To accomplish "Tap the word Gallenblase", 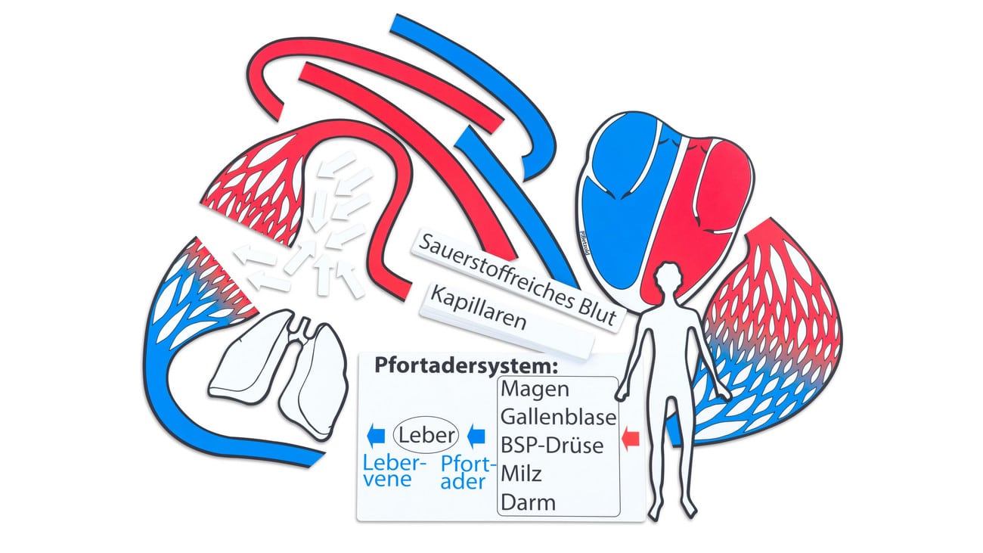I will pyautogui.click(x=558, y=417).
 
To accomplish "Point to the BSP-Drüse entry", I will pyautogui.click(x=552, y=445).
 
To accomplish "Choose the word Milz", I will pyautogui.click(x=522, y=474).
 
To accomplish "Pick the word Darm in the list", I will pyautogui.click(x=528, y=502).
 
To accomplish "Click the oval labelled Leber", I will pyautogui.click(x=426, y=435).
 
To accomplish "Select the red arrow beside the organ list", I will pyautogui.click(x=631, y=437).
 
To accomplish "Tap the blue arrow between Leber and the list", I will pyautogui.click(x=476, y=435).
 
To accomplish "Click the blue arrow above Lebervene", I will pyautogui.click(x=374, y=435).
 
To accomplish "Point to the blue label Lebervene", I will pyautogui.click(x=394, y=470).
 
